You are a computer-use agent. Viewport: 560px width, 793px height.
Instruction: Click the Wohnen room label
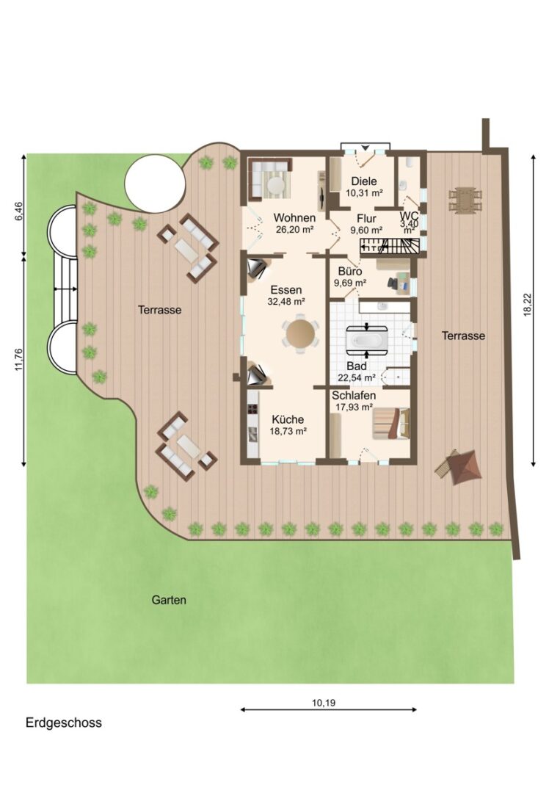(294, 218)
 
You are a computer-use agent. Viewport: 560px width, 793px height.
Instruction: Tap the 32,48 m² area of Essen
(286, 302)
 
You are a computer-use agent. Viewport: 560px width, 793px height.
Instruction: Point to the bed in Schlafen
(390, 424)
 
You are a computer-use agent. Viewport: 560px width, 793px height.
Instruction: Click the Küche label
(288, 419)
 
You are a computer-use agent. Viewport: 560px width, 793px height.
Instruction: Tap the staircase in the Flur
(390, 247)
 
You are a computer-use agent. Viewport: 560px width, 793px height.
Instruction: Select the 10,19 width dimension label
(324, 703)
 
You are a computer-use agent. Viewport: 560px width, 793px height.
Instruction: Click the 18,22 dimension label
(528, 305)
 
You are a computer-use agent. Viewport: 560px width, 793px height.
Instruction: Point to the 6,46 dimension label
(19, 211)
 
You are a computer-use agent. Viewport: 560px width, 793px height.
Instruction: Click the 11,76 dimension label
(19, 360)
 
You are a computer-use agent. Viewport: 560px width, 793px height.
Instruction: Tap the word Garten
(169, 601)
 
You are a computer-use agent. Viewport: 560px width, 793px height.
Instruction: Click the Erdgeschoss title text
(64, 723)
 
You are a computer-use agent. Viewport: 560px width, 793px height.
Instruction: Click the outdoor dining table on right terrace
(463, 200)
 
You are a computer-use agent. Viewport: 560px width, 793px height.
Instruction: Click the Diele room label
(364, 181)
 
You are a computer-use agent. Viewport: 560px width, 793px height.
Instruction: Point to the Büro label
(350, 272)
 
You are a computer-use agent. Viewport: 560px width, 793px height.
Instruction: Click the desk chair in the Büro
(392, 283)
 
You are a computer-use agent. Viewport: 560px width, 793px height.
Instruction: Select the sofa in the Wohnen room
(269, 179)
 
